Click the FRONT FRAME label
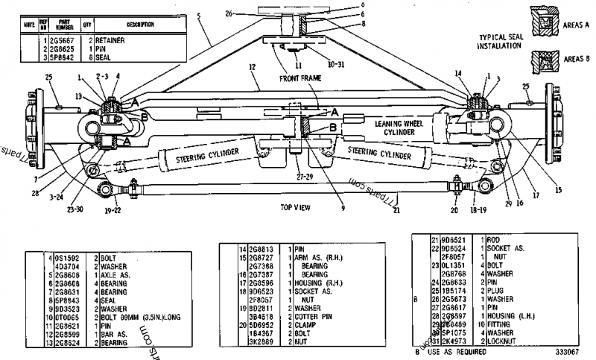pos(299,78)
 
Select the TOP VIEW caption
pos(296,206)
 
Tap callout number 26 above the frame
pos(250,13)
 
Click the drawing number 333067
pos(571,350)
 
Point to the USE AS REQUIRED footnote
pos(455,350)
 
